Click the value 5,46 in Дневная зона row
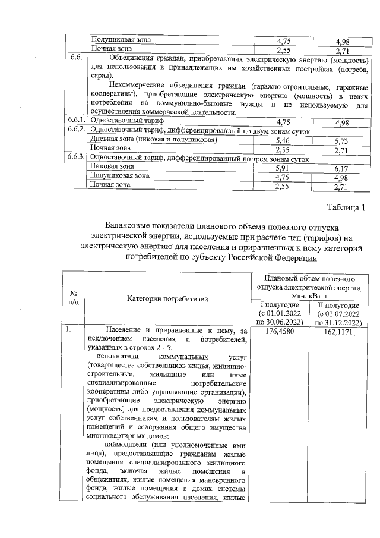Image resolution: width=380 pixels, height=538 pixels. point(283,140)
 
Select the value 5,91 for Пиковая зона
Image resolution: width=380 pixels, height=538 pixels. point(283,169)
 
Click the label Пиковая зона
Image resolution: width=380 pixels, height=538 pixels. point(111,167)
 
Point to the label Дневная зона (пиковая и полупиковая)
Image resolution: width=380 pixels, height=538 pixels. point(153,139)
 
